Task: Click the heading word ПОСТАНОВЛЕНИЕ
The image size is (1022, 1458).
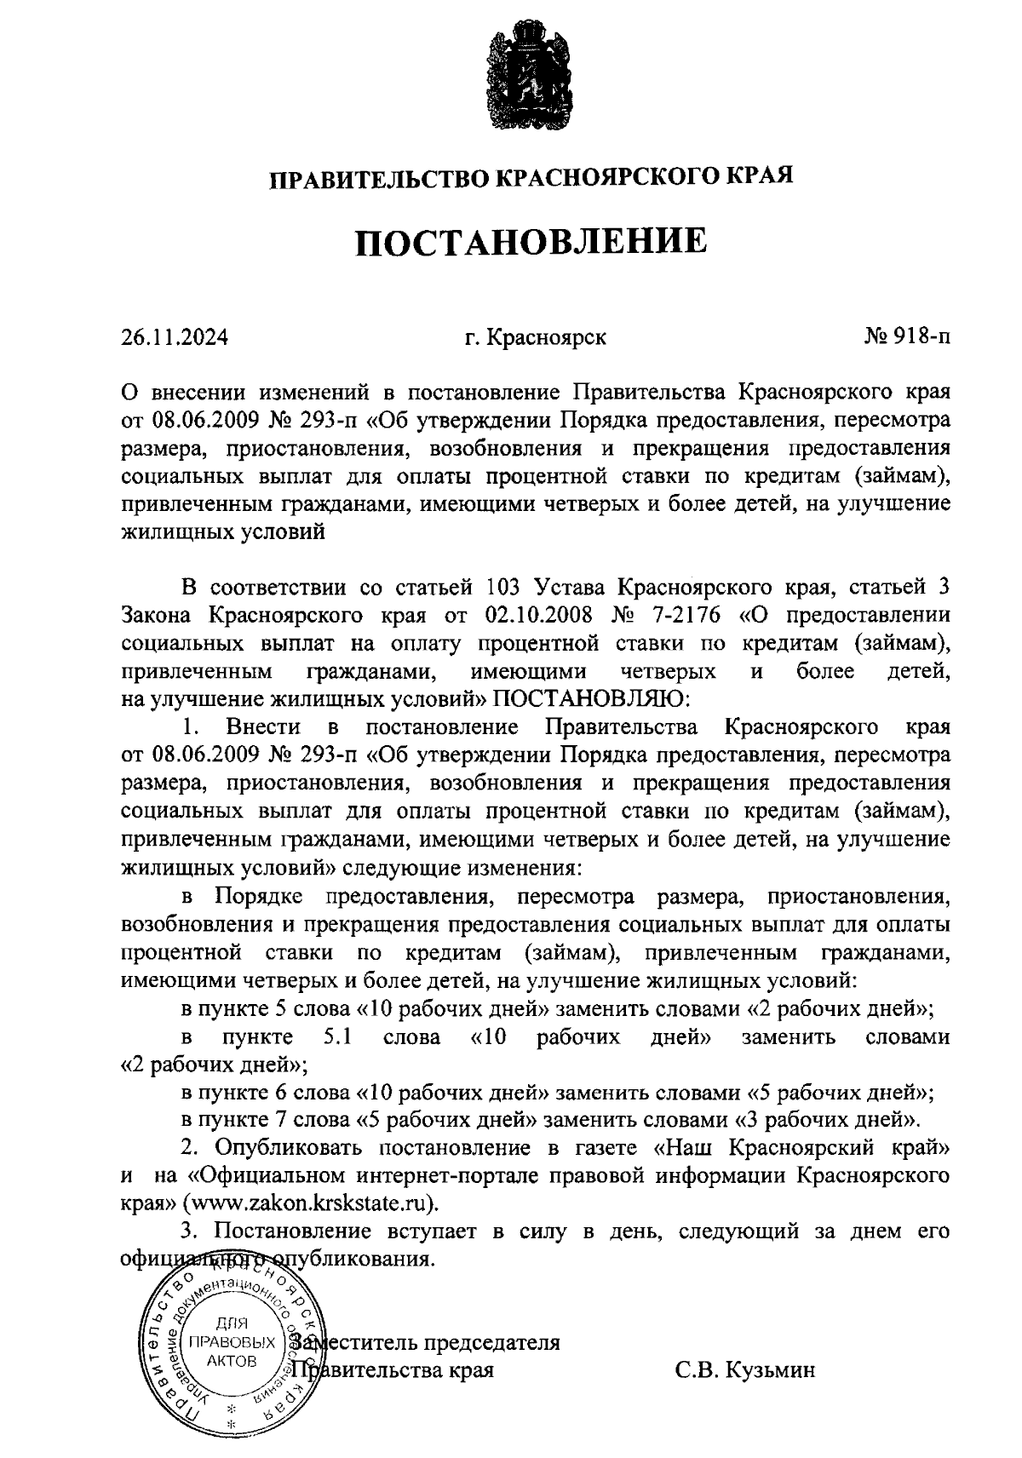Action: point(530,242)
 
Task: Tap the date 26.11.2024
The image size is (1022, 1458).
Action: point(175,338)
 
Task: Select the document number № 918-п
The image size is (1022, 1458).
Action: point(907,337)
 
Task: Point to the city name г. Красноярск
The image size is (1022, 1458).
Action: point(535,338)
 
